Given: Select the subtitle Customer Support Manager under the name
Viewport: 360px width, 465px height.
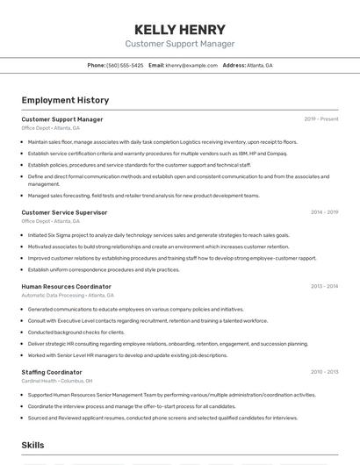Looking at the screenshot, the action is pos(180,44).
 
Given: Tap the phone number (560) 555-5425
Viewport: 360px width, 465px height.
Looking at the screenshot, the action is pos(125,66).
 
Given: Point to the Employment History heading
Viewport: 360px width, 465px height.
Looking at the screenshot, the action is pos(65,100).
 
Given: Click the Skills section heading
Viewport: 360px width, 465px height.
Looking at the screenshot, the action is pos(32,446).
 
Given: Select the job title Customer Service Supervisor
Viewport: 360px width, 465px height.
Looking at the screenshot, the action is pos(64,212).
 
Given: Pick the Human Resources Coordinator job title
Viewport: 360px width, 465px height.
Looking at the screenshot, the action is pos(66,287).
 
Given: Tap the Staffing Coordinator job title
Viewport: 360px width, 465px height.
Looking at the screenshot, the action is pos(52,372).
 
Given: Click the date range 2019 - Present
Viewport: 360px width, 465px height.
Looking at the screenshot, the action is pos(321,119).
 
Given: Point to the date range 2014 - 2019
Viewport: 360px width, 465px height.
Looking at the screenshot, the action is pos(324,212).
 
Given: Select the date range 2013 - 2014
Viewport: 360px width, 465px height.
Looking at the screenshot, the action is pos(324,287).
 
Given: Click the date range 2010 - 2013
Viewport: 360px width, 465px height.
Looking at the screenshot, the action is pos(324,372).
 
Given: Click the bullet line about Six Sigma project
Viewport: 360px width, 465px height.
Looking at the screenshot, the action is pos(158,235).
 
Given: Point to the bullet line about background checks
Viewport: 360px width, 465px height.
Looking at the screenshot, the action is pos(76,333).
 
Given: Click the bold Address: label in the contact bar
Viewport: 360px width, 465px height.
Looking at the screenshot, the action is pos(234,66).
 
